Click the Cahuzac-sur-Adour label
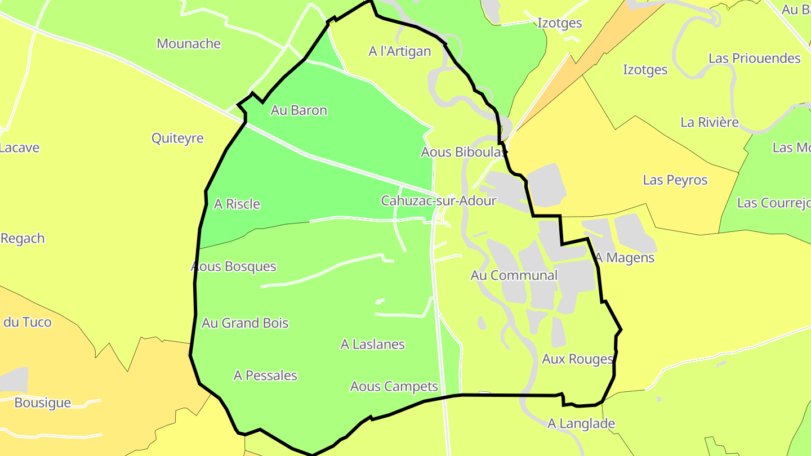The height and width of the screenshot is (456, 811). pyautogui.click(x=439, y=200)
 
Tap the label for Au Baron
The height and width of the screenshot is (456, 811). pyautogui.click(x=298, y=110)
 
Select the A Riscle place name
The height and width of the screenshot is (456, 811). pyautogui.click(x=237, y=204)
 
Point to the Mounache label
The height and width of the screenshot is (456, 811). pyautogui.click(x=189, y=44)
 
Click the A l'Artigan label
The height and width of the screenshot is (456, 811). pyautogui.click(x=400, y=52)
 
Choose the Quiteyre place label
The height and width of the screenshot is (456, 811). pyautogui.click(x=177, y=138)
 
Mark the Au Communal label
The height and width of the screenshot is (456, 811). pyautogui.click(x=514, y=275)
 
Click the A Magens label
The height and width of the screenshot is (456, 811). pyautogui.click(x=625, y=258)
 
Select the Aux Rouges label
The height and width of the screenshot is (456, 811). pyautogui.click(x=577, y=359)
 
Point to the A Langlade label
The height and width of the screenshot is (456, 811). pyautogui.click(x=581, y=423)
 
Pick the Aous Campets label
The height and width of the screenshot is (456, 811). pyautogui.click(x=394, y=387)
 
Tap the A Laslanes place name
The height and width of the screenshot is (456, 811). pyautogui.click(x=373, y=344)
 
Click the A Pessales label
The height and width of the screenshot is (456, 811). pyautogui.click(x=265, y=375)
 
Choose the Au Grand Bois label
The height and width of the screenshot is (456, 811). pyautogui.click(x=245, y=323)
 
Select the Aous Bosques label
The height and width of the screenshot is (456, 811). pyautogui.click(x=234, y=266)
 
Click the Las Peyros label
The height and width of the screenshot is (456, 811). pyautogui.click(x=675, y=180)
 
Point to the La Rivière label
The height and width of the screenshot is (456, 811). pyautogui.click(x=710, y=122)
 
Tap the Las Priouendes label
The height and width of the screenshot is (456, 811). pyautogui.click(x=755, y=59)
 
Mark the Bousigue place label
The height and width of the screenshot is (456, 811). pyautogui.click(x=43, y=403)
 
